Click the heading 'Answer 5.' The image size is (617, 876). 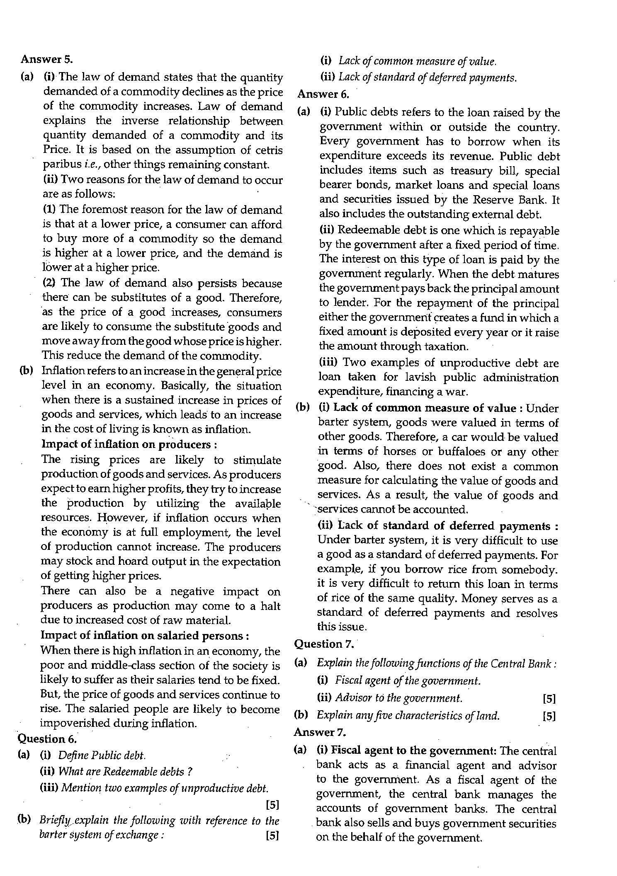click(46, 59)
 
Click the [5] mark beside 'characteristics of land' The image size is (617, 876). click(549, 716)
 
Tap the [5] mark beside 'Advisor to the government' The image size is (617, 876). click(549, 699)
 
